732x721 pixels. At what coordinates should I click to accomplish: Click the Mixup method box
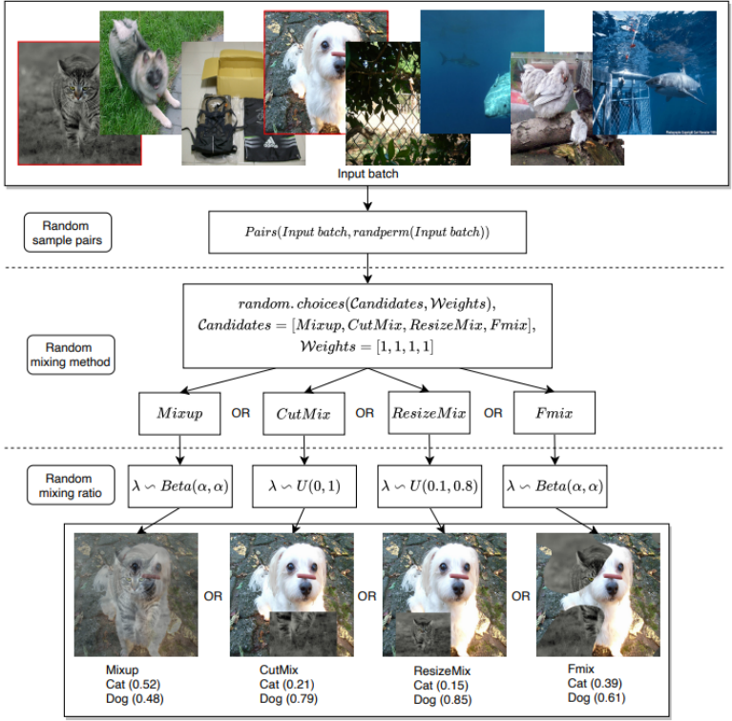179,413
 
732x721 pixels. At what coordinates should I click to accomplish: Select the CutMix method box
303,413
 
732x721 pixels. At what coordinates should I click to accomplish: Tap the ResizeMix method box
429,413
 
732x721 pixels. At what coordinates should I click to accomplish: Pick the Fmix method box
554,413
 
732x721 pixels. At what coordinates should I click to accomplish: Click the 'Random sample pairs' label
68,233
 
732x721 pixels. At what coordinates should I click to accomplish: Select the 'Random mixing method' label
71,355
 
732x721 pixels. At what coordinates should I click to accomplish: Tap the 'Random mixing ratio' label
71,485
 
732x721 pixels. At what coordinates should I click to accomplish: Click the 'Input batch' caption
367,174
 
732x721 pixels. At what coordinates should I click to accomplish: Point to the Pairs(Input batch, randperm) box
367,233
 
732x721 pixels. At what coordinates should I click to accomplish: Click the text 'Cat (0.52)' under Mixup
133,684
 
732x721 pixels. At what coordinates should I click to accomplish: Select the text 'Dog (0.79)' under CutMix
288,699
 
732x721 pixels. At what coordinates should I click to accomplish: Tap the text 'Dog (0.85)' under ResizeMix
443,700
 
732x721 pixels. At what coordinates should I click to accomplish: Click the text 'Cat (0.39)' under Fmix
595,683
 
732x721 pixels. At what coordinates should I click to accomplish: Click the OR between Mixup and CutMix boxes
241,413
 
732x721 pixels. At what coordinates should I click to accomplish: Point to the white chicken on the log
544,90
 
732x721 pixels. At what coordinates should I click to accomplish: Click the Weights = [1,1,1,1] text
366,346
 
